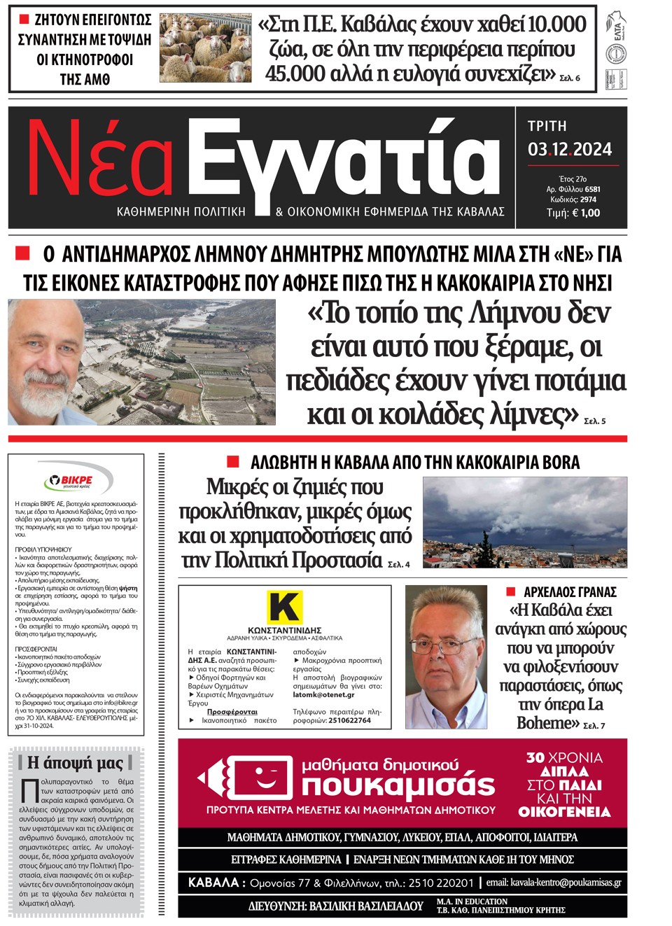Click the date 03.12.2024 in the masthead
tap(570, 149)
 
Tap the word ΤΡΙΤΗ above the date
tap(547, 126)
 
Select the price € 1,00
tap(585, 213)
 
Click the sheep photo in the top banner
tap(205, 48)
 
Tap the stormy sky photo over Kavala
tap(525, 522)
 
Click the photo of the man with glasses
tap(446, 657)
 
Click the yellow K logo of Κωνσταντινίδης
tap(284, 606)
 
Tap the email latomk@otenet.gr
tap(323, 695)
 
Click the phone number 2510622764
tap(349, 720)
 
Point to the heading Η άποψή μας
tap(75, 763)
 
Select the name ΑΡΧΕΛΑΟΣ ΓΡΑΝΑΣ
tap(570, 592)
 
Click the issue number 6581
tap(592, 189)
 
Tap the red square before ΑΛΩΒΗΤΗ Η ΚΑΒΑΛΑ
tap(233, 461)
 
